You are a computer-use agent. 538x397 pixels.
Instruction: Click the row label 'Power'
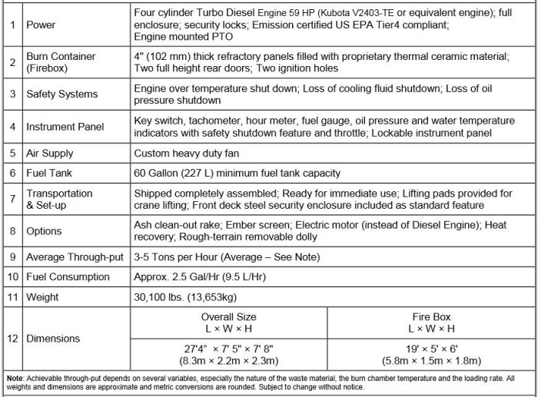(x=40, y=25)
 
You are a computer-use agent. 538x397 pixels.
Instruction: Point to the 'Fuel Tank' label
(x=48, y=173)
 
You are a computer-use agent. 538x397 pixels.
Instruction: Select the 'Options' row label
(x=44, y=230)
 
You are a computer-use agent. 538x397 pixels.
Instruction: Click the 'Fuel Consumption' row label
(x=68, y=276)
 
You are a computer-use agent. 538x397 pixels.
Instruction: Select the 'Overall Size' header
(x=228, y=316)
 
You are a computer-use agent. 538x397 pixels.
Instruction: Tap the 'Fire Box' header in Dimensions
(x=436, y=316)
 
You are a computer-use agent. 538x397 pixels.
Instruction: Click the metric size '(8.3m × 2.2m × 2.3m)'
(x=228, y=359)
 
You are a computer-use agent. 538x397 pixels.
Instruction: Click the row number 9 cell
(x=12, y=257)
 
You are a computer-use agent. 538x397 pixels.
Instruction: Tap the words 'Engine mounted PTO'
(x=181, y=36)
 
